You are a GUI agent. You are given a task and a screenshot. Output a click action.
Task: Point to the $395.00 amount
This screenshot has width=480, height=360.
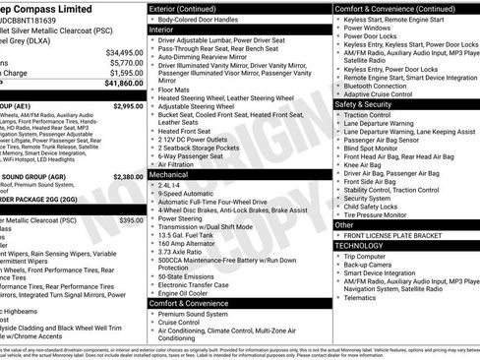(132, 221)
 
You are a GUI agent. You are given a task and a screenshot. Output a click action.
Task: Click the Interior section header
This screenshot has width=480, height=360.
(161, 30)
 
